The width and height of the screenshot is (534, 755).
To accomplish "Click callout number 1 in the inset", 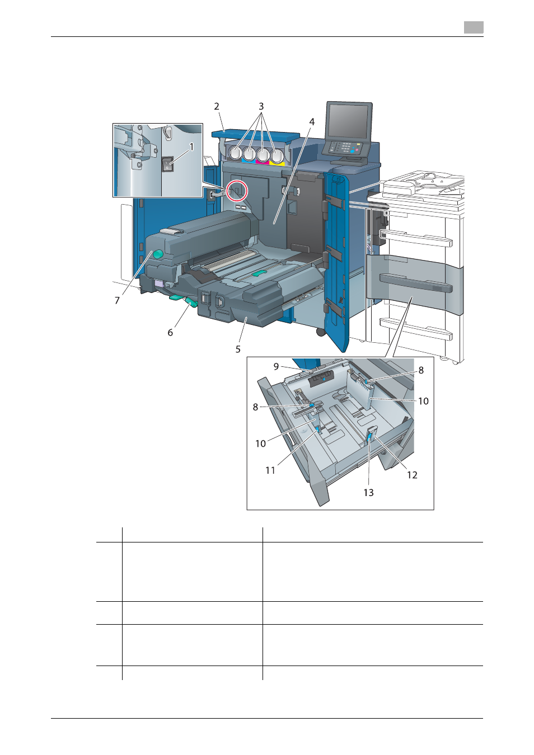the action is [191, 147].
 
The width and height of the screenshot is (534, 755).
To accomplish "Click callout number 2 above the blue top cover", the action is [217, 106].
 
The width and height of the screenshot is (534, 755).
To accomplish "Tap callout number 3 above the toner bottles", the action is [261, 106].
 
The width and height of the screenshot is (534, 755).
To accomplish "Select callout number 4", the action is [312, 122].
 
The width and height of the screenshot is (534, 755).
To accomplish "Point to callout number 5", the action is [238, 349].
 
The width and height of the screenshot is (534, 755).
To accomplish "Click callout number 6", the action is [170, 332].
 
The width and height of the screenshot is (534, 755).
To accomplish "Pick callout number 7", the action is [117, 300].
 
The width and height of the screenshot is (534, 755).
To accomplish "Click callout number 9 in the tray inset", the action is [276, 366].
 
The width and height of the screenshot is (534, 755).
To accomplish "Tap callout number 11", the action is [270, 470].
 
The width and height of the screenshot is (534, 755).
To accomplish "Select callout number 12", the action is [412, 475].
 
